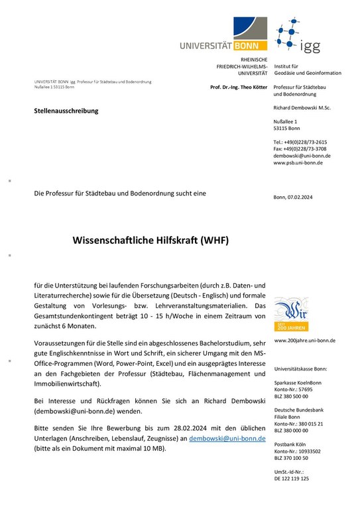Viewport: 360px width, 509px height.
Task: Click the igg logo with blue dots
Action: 298,37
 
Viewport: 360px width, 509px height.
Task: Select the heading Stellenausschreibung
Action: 66,110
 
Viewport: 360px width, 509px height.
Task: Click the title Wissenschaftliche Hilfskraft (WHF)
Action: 150,241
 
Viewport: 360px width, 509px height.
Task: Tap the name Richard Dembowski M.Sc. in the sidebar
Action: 302,107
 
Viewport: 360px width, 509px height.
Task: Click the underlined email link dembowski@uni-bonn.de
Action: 228,439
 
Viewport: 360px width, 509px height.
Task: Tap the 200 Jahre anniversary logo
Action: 290,315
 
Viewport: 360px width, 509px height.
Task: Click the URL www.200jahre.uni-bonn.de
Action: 304,340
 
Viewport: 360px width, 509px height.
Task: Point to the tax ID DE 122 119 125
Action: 291,478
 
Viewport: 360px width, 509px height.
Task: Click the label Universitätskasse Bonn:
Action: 300,367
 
